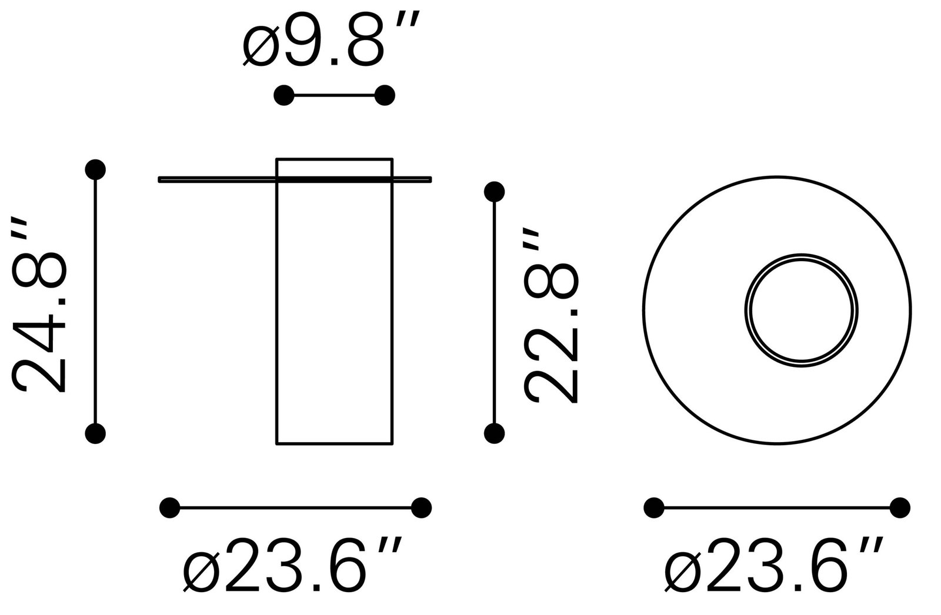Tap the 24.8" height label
[x=39, y=305]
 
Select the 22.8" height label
[x=551, y=316]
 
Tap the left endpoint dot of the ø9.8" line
[x=283, y=95]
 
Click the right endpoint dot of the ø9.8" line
[x=385, y=95]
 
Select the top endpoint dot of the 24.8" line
[x=95, y=170]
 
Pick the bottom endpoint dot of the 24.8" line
[x=95, y=433]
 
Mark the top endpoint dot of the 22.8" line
[x=495, y=192]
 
